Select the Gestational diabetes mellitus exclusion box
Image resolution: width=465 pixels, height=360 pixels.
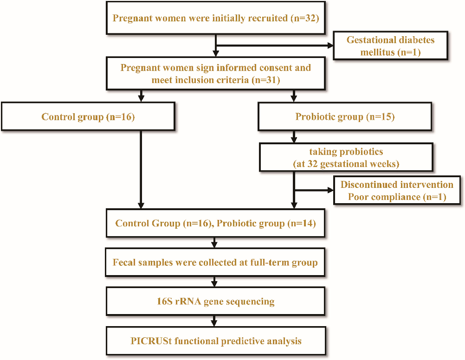click(390, 46)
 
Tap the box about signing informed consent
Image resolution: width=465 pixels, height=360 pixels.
click(216, 74)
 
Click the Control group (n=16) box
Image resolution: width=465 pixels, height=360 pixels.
click(88, 116)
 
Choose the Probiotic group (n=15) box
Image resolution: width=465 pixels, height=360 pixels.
click(345, 116)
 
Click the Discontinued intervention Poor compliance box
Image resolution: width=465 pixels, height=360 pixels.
click(397, 191)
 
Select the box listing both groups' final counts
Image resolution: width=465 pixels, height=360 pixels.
click(216, 224)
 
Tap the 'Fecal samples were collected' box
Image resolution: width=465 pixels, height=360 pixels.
click(216, 263)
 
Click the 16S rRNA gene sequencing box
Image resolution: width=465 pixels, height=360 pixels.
click(216, 302)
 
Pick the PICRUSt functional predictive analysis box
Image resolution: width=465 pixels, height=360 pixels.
click(216, 341)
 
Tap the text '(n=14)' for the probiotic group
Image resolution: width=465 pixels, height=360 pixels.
click(302, 224)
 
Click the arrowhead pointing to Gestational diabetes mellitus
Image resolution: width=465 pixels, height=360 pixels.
click(330, 46)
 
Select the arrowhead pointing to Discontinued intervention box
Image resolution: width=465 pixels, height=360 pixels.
click(330, 190)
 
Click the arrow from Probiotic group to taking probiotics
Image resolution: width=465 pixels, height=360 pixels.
click(294, 136)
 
